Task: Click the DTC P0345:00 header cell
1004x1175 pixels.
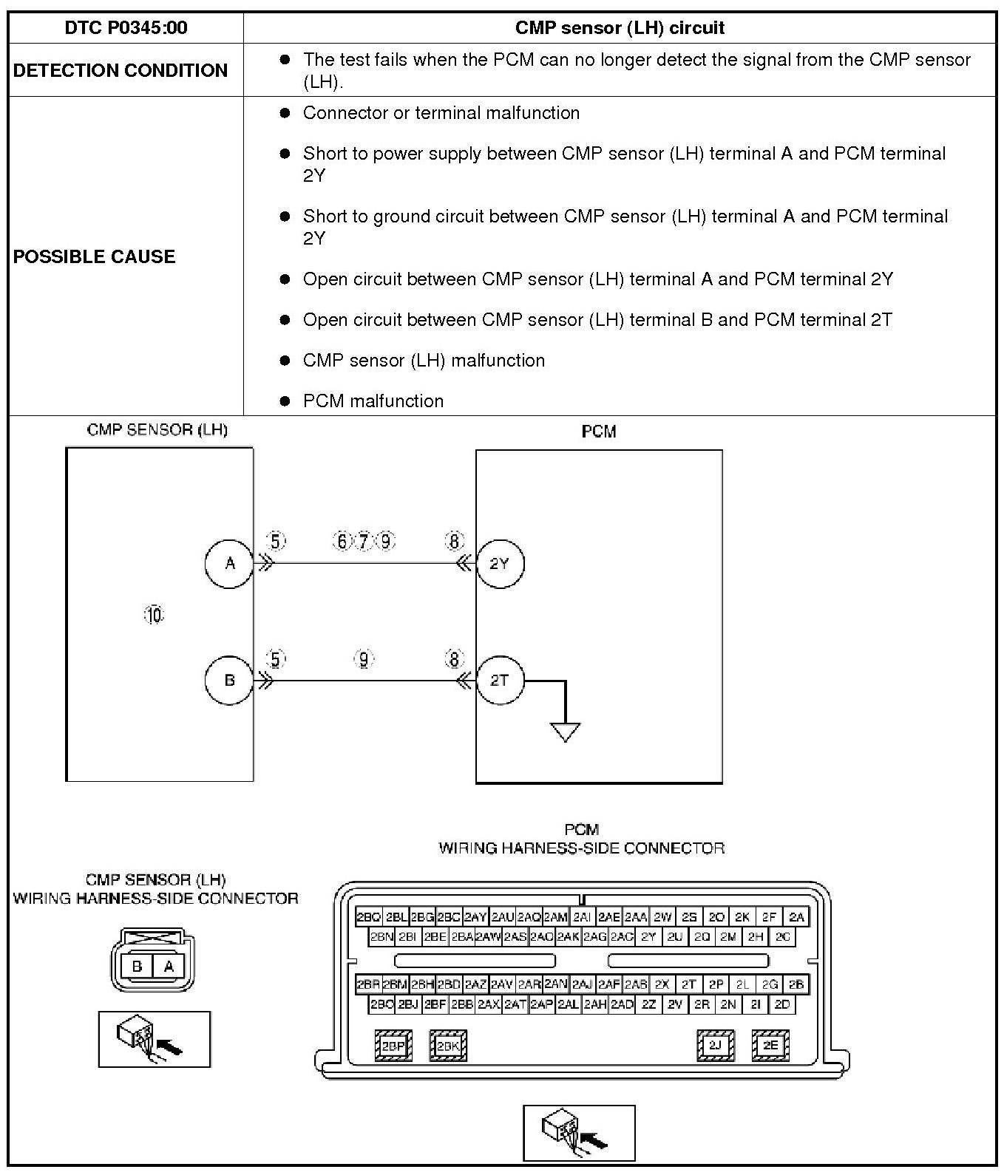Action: (126, 28)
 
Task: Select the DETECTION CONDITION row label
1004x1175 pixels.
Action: (121, 70)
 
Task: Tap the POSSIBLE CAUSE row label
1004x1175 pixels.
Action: (95, 256)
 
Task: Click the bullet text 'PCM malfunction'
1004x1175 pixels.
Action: (373, 401)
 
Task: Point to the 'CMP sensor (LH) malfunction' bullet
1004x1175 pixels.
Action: (424, 360)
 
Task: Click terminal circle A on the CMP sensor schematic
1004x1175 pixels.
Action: (229, 563)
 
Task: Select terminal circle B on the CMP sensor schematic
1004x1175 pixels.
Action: (229, 680)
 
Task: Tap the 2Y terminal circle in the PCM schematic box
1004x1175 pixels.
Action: (500, 563)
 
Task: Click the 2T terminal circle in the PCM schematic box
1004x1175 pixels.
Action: (500, 680)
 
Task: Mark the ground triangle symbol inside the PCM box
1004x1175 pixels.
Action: (566, 732)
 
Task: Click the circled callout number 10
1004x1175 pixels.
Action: (154, 615)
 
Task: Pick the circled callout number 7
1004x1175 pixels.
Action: (364, 542)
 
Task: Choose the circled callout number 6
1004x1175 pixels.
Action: (342, 542)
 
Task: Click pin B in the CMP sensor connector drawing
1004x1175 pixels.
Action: (137, 966)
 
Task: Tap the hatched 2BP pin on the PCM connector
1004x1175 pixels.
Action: (393, 1046)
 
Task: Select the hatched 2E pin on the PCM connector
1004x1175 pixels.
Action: (770, 1045)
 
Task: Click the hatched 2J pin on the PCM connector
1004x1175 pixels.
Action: (715, 1045)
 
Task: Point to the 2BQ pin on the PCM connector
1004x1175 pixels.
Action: (368, 917)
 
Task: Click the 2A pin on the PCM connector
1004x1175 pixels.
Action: (796, 917)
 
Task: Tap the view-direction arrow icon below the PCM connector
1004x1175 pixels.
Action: (579, 1132)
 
